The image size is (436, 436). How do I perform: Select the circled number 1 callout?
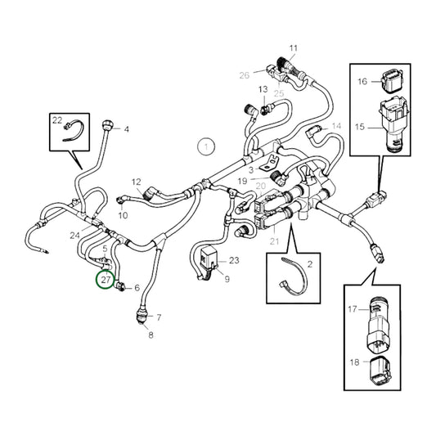coord(207,147)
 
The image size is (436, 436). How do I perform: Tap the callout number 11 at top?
coord(294,48)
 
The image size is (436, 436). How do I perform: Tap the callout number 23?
coord(234,261)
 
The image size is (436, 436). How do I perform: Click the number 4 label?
coord(126,129)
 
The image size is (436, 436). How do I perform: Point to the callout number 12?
coord(137,182)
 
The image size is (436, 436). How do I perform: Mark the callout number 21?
coord(275,240)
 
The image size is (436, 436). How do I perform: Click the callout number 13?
coord(263,89)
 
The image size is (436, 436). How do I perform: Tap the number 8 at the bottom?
coord(150,335)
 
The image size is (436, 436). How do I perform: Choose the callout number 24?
coord(75,236)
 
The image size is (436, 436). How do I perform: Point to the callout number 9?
coord(227,280)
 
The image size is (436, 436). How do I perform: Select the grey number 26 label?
coord(243,75)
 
